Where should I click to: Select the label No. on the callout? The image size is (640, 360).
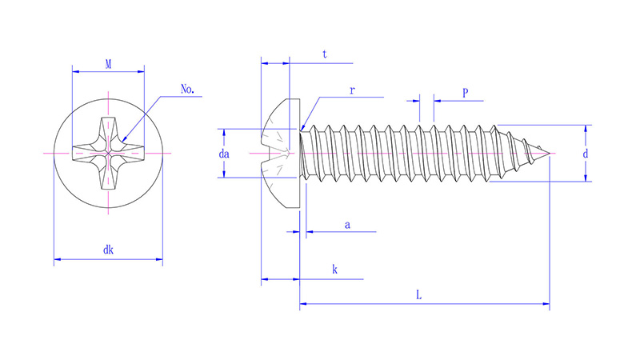pyautogui.click(x=188, y=90)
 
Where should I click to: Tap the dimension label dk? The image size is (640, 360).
pyautogui.click(x=107, y=250)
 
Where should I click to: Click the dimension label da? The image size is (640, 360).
pyautogui.click(x=225, y=153)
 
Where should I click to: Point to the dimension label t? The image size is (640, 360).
pyautogui.click(x=324, y=54)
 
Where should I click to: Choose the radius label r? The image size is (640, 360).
pyautogui.click(x=351, y=90)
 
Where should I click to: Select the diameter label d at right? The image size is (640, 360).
pyautogui.click(x=586, y=153)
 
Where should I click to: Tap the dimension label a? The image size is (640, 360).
pyautogui.click(x=346, y=225)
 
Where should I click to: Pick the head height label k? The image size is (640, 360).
pyautogui.click(x=334, y=270)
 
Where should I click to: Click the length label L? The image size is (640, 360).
pyautogui.click(x=418, y=294)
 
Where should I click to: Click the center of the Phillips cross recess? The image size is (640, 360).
pyautogui.click(x=108, y=152)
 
